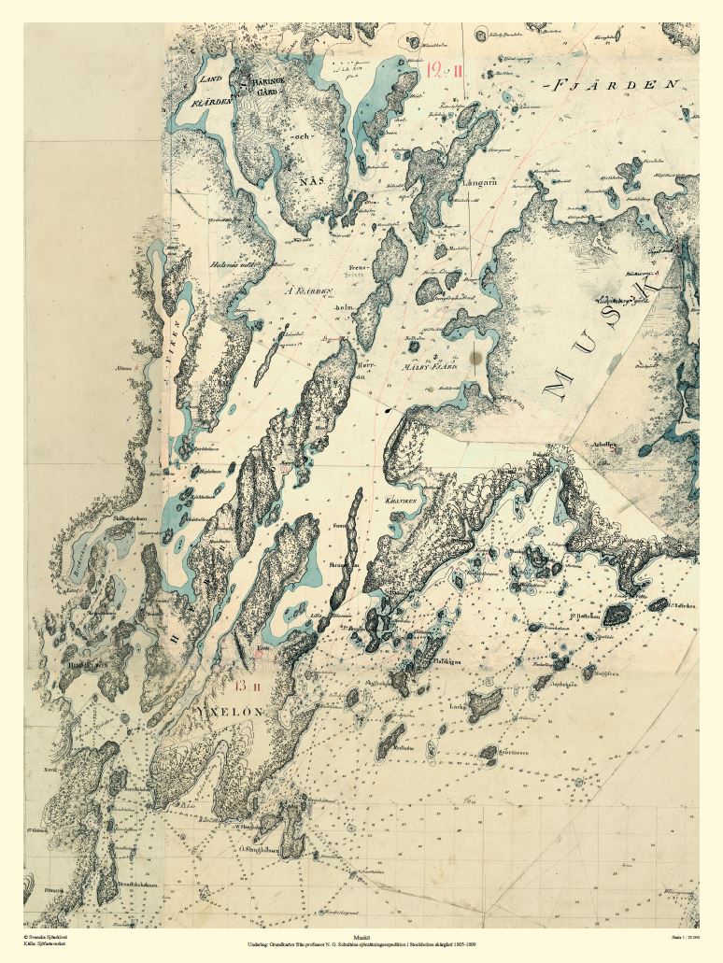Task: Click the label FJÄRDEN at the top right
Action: click(x=615, y=85)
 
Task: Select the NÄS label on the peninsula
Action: click(x=315, y=179)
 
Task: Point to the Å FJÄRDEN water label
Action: click(x=308, y=291)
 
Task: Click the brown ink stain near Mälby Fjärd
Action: click(x=478, y=355)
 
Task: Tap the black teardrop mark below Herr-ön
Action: click(x=387, y=409)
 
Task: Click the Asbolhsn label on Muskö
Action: click(x=607, y=446)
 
